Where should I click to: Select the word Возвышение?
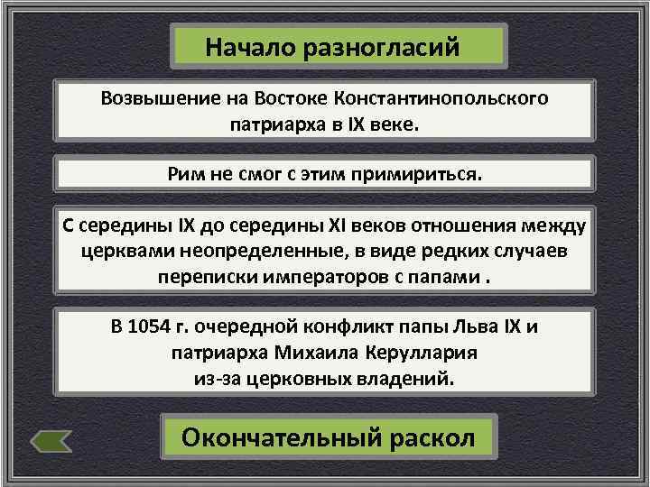(152, 97)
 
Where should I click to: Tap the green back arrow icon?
(51, 440)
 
